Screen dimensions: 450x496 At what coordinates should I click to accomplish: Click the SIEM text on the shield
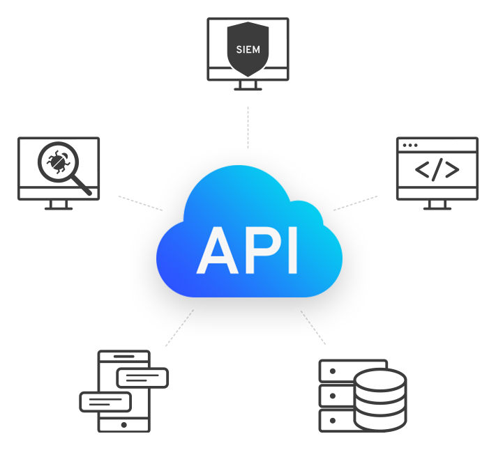pos(248,49)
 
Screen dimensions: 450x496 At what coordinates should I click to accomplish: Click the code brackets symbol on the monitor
pos(437,170)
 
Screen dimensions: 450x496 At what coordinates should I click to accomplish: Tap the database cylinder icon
pos(379,400)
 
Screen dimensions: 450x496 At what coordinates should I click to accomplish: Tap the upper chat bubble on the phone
pos(142,378)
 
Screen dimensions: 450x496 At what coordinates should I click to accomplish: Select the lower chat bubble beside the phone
pos(106,401)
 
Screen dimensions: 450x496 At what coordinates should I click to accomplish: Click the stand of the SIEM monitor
pos(248,85)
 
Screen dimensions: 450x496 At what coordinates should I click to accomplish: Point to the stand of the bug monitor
pos(59,205)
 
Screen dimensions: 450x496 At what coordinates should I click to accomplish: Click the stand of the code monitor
pos(437,205)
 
